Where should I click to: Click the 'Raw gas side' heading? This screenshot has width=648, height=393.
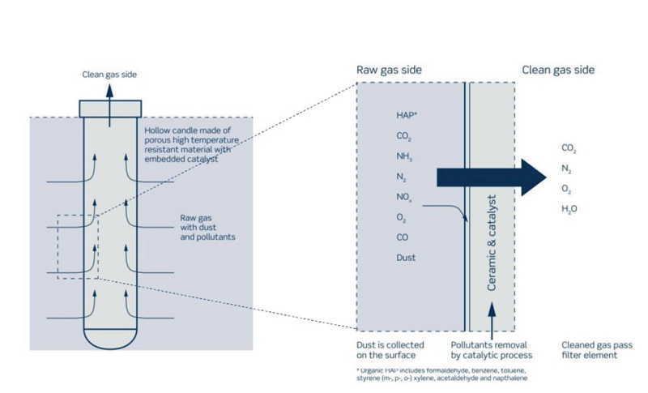click(389, 70)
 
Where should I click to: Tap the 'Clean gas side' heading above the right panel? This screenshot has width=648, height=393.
click(558, 70)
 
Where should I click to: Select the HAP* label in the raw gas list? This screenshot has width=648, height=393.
click(407, 115)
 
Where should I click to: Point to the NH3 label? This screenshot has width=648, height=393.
click(404, 156)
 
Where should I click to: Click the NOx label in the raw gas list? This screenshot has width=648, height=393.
click(403, 198)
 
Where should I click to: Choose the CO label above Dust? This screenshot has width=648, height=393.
click(402, 237)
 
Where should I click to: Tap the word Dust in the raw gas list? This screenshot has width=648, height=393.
click(406, 258)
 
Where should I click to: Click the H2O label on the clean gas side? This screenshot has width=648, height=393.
click(569, 209)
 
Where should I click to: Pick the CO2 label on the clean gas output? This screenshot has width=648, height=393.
click(569, 148)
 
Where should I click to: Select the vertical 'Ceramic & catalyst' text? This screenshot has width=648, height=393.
click(491, 243)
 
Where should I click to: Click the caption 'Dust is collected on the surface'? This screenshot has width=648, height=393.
click(390, 350)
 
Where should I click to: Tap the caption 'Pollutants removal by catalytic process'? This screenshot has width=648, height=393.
click(492, 350)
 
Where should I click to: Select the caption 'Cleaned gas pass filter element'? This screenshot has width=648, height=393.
click(597, 350)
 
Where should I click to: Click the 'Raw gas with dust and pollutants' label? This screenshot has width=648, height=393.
click(207, 227)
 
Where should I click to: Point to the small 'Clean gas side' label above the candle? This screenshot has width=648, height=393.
click(109, 75)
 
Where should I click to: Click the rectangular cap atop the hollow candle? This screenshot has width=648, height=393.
click(110, 109)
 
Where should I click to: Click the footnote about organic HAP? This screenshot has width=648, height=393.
click(441, 374)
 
